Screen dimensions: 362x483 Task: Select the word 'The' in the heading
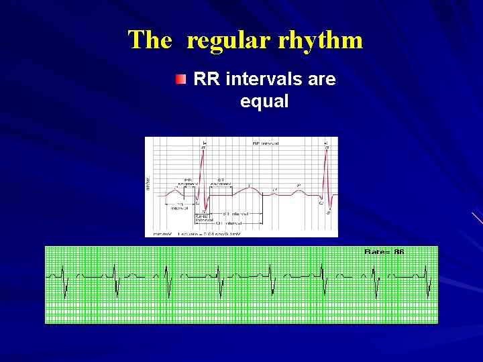click(x=150, y=40)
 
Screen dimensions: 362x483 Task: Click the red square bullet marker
click(x=180, y=80)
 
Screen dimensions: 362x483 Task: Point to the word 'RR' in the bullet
click(x=207, y=80)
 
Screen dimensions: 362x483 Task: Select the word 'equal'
click(x=264, y=102)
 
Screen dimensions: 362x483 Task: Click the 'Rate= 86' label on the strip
click(x=384, y=252)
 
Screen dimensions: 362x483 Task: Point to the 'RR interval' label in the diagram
click(x=265, y=143)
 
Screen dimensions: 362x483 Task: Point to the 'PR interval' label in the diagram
click(x=178, y=206)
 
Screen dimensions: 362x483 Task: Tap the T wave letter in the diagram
click(x=249, y=184)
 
